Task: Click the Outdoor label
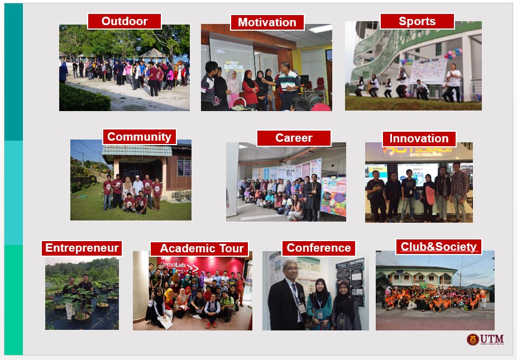point(125,21)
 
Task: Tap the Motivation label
point(267,22)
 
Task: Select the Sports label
point(417,21)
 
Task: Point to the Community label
point(139,137)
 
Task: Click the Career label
point(294,138)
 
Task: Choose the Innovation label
point(419,138)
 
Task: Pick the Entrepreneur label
point(82,248)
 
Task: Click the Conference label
point(318,248)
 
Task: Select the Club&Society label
point(438,246)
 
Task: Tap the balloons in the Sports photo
point(453,54)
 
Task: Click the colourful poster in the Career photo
point(333,195)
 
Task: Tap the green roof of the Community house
point(137,151)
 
